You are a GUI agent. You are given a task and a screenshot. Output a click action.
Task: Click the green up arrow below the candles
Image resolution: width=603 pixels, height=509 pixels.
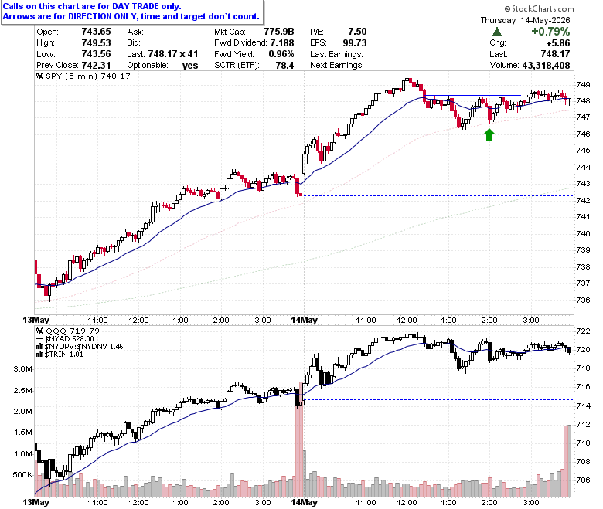(489, 134)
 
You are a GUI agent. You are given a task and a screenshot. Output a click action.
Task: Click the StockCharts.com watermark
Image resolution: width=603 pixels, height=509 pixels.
(539, 8)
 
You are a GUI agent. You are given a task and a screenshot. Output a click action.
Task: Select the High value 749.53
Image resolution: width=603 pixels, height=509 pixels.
(96, 43)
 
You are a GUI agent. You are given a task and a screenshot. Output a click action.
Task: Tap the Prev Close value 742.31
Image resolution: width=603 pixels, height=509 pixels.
(96, 66)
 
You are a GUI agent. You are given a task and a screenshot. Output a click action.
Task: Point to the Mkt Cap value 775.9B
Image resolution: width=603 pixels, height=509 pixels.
(279, 32)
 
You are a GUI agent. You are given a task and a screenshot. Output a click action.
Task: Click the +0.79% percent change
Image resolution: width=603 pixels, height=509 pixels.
(550, 32)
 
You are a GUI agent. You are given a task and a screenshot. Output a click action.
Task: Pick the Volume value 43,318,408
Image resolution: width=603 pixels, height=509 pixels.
(546, 66)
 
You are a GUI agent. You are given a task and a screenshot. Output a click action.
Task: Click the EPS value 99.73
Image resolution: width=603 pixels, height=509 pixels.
(355, 43)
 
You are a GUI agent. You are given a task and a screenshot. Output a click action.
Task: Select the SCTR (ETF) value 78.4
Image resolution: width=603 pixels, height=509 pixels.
(284, 66)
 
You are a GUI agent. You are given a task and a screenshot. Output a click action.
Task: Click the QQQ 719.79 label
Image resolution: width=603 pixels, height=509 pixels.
(68, 331)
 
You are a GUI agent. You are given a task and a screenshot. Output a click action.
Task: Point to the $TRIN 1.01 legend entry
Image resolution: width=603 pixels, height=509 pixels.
(60, 355)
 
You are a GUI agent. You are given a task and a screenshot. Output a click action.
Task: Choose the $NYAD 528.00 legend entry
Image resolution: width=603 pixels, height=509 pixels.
(65, 339)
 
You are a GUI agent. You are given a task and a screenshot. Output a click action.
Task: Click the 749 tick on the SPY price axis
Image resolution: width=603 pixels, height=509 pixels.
(583, 84)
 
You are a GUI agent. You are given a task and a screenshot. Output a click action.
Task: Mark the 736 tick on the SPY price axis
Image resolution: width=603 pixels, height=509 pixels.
(583, 300)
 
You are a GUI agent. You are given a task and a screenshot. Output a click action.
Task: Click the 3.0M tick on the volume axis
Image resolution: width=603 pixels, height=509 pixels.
(22, 369)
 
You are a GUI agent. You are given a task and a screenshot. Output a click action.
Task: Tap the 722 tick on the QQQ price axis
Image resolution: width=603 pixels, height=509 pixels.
(583, 331)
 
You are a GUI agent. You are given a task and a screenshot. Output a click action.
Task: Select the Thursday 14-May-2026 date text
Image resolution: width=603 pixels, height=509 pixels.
(525, 20)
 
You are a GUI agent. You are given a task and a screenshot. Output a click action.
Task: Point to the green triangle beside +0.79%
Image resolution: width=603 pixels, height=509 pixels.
(497, 32)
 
